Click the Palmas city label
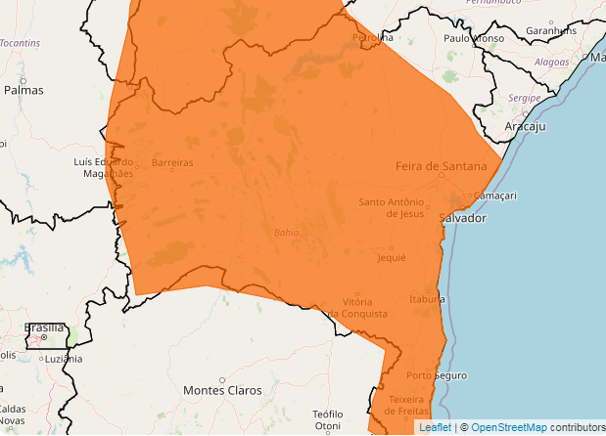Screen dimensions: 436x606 pos(23,89)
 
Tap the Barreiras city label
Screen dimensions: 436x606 pos(172,162)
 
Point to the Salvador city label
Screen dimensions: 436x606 pos(462,218)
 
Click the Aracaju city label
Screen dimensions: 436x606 pos(525,127)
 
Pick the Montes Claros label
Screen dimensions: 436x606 pos(222,390)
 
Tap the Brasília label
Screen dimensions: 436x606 pos(44,328)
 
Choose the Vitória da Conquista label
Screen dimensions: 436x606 pos(357,307)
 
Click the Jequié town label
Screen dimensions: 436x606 pos(391,257)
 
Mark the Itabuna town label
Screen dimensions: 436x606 pos(427,299)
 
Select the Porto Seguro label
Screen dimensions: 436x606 pos(437,375)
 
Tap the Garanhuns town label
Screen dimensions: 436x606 pos(552,30)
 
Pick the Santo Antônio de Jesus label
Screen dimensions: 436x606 pos(391,207)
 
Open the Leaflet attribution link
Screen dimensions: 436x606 pos(435,427)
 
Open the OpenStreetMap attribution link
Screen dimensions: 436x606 pos(509,427)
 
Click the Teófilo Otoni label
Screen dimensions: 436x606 pos(327,420)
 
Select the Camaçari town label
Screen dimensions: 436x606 pos(494,196)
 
